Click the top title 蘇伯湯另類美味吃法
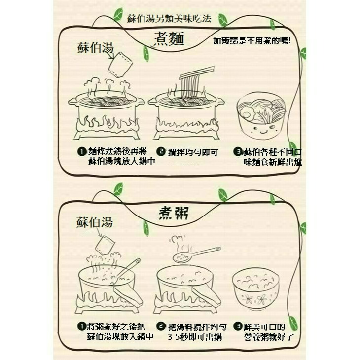[169, 19]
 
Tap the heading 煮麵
[166, 39]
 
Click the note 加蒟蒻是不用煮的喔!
[252, 41]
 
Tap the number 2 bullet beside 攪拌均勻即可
[160, 151]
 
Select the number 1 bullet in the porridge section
[81, 326]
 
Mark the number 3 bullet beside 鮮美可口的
[239, 326]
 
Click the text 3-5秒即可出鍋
[195, 337]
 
